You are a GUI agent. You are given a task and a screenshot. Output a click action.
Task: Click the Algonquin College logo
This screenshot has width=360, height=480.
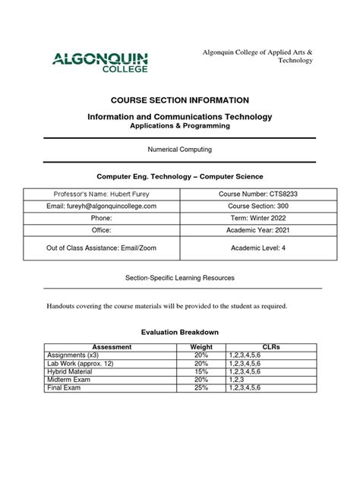click(x=99, y=61)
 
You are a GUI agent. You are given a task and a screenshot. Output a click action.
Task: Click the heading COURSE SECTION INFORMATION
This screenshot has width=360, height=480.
click(x=179, y=100)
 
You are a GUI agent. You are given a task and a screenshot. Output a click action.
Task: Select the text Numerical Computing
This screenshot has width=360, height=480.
click(x=179, y=150)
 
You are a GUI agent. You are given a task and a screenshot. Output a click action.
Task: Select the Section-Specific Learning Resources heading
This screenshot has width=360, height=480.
click(x=179, y=278)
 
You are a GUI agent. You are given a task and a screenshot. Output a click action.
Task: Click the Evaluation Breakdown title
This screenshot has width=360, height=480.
click(x=179, y=332)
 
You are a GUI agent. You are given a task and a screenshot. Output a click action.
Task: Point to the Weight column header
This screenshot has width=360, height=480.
click(x=201, y=347)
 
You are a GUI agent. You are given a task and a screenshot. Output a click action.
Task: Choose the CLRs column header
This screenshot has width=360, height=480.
click(x=270, y=347)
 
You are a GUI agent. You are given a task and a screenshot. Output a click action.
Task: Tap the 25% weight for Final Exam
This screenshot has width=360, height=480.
click(x=201, y=387)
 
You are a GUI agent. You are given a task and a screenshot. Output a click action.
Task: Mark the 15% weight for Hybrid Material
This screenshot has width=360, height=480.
click(x=201, y=371)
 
